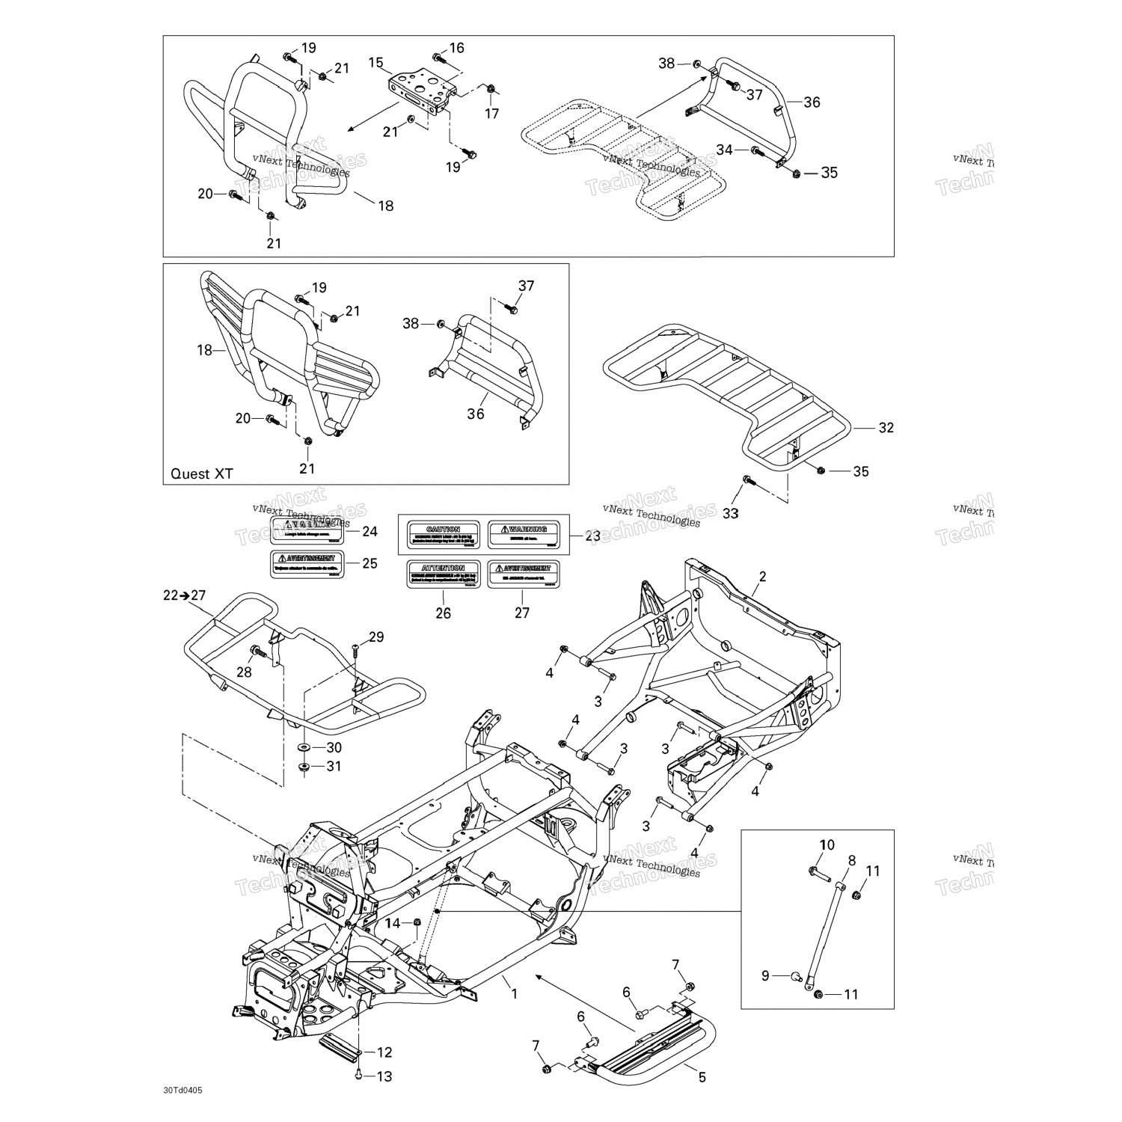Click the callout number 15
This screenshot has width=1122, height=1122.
[375, 62]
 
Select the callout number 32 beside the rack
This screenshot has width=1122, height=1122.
[886, 428]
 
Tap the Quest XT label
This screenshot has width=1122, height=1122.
[202, 473]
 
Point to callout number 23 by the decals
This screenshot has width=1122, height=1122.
[592, 536]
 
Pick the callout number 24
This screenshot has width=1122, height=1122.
[370, 532]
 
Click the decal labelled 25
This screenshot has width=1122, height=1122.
[307, 563]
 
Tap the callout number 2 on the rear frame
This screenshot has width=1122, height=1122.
[762, 576]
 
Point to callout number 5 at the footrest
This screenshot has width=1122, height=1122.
[702, 1078]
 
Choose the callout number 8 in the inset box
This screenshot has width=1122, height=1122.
[851, 861]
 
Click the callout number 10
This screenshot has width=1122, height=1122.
[826, 845]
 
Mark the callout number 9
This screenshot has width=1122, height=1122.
[765, 975]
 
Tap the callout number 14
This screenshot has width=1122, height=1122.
[393, 924]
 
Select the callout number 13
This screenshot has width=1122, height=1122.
[384, 1076]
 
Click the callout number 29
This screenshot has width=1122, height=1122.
[375, 637]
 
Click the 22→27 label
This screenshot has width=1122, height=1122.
[184, 595]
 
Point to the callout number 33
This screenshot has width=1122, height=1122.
[730, 513]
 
